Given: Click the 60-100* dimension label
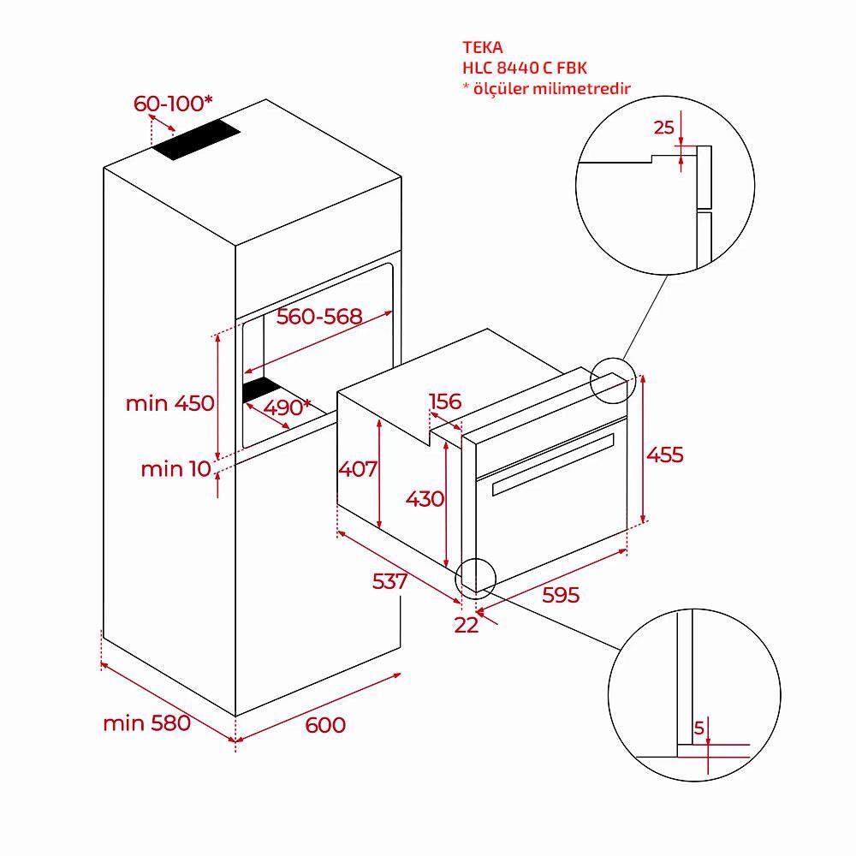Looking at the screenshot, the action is coord(173,104).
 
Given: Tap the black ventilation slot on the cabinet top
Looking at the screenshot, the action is coord(196,140).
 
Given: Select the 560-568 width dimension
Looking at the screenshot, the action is coord(319,316).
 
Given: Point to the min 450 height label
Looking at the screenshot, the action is coord(169,403).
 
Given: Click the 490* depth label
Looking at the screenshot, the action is coord(287,407).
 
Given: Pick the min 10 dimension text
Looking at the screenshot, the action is coord(175,468).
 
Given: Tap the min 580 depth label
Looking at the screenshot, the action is coord(147,722).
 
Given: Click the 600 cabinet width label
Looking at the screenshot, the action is coord(325,725).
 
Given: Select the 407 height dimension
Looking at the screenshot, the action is coord(358,468).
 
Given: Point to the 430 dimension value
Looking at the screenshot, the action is coord(425,498).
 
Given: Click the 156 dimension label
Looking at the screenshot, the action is coord(445,401).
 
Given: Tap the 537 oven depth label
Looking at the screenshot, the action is coord(389,581).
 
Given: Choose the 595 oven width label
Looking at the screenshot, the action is coord(561,595).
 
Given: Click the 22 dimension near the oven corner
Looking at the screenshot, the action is coord(467,625).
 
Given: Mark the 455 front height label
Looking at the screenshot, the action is coord(665,455).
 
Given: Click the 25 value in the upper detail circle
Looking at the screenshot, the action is coord(664,128).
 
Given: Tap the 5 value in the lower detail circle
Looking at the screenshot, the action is coord(699,728).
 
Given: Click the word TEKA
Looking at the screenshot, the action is coord(483,47).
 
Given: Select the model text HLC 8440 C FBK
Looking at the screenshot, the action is coord(525,68).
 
